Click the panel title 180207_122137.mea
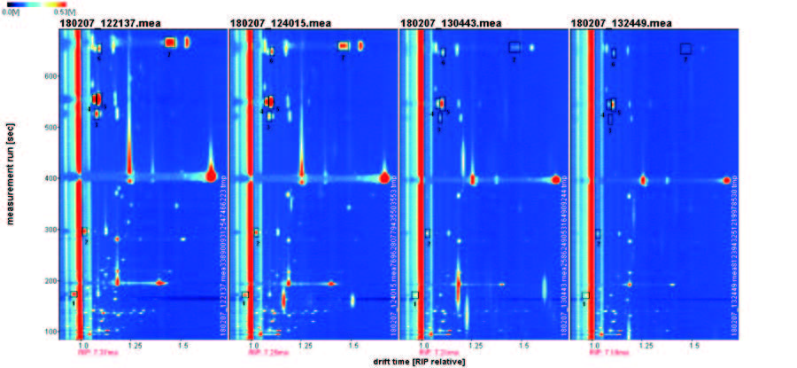click(103, 22)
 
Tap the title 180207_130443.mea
click(445, 22)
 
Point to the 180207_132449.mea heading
click(615, 22)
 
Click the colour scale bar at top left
click(36, 4)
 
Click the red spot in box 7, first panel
click(171, 43)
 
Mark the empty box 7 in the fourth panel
click(685, 49)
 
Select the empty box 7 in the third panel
click(515, 47)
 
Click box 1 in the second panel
click(245, 294)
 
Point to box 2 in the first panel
click(84, 232)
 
